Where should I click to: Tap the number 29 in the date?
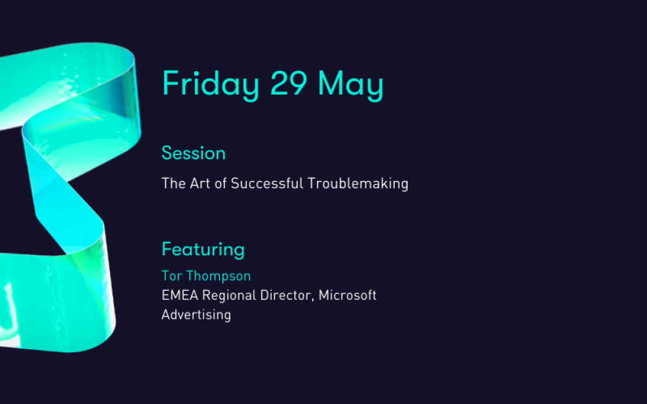point(289,83)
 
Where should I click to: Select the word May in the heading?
point(351,85)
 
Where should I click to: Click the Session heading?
point(193,153)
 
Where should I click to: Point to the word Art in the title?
point(200,183)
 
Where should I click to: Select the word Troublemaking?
point(358,184)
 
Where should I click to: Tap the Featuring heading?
point(203,250)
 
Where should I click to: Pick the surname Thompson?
point(218,276)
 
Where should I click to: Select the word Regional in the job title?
point(229,295)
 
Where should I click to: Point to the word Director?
point(285,295)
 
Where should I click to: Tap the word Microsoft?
point(347,295)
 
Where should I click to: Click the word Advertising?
point(196,315)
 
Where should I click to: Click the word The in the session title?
point(173,183)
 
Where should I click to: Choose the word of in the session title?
point(221,183)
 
